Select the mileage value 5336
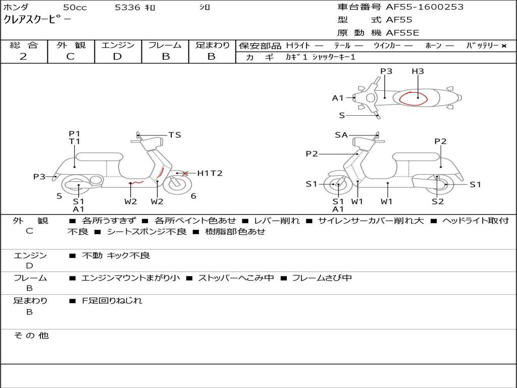point(128,8)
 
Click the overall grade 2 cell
point(23,57)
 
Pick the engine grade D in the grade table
point(117,57)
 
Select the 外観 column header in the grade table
point(71,45)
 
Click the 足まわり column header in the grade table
point(212,45)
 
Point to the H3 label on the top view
point(418,71)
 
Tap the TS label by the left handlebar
point(175,135)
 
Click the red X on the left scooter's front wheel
point(185,173)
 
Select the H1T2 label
point(210,173)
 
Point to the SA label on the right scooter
point(341,135)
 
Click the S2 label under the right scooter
point(438,202)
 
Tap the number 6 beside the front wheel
point(193,196)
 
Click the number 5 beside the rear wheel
point(59,196)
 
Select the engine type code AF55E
point(402,33)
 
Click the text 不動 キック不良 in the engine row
point(116,256)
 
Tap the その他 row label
point(31,335)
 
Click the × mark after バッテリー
point(503,46)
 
